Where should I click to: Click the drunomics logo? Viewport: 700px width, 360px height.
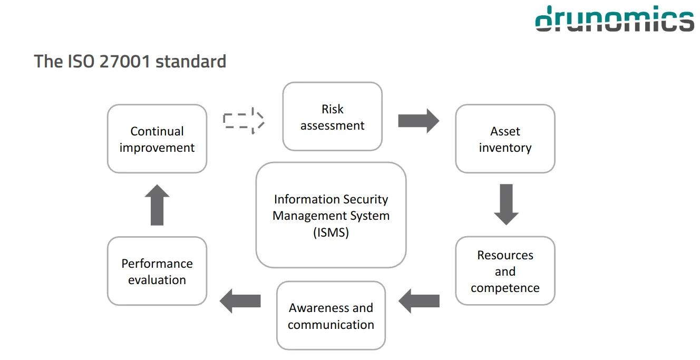click(x=615, y=20)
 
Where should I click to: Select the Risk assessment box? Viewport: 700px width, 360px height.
click(x=332, y=116)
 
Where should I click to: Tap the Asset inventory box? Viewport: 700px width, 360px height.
click(x=505, y=139)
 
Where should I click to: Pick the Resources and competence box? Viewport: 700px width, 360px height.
click(x=505, y=271)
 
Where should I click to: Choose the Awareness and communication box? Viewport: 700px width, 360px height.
click(x=331, y=316)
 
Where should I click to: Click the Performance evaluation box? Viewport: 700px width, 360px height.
click(x=157, y=271)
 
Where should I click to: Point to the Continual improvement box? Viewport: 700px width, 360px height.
click(x=157, y=139)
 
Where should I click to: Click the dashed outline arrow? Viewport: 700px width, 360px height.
click(x=243, y=121)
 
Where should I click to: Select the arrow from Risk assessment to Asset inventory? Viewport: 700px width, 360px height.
click(x=418, y=121)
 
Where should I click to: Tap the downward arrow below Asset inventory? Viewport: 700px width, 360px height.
click(x=506, y=205)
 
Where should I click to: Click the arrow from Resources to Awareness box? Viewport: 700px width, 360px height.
click(x=419, y=301)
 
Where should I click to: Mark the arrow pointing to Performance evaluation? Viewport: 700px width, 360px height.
click(x=240, y=301)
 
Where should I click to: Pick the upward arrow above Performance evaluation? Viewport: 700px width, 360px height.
click(x=157, y=205)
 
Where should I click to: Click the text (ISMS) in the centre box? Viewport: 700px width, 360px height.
click(x=331, y=232)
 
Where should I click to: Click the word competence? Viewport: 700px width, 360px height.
click(x=505, y=288)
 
